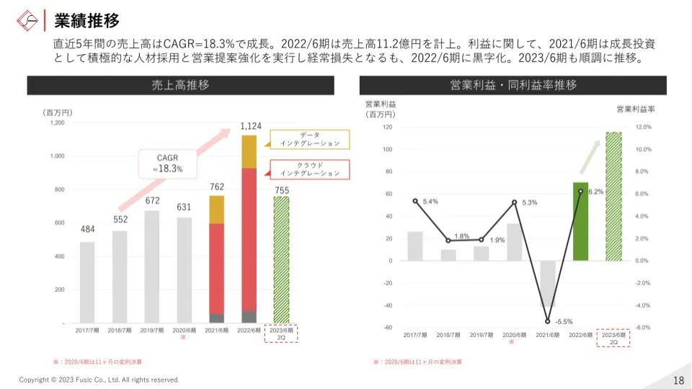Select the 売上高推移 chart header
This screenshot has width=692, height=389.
click(x=180, y=86)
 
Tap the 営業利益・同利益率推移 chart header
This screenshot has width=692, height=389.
click(x=513, y=86)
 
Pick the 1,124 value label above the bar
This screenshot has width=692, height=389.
click(x=251, y=127)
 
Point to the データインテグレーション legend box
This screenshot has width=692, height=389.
click(x=309, y=139)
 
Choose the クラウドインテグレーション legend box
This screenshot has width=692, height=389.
click(x=309, y=169)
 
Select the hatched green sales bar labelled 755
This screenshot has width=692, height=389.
click(x=281, y=259)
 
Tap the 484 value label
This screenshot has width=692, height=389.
click(x=87, y=230)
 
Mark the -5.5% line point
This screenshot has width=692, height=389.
click(x=548, y=321)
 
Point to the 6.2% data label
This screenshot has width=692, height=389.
click(x=595, y=192)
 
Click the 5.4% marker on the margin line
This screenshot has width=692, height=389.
click(x=415, y=201)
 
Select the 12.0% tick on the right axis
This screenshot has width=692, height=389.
click(x=643, y=127)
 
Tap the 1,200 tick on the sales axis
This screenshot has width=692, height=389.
click(x=57, y=123)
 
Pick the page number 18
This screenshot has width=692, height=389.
click(x=678, y=380)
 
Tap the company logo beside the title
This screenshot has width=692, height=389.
click(x=27, y=19)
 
